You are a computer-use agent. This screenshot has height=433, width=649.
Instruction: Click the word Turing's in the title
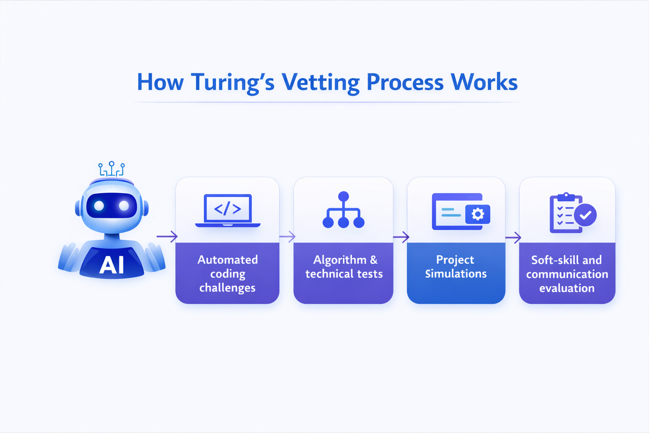233,82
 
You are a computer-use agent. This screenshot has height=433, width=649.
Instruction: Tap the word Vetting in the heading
320,82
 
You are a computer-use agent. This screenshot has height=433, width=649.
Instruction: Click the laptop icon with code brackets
228,210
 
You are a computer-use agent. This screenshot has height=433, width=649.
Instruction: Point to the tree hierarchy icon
344,210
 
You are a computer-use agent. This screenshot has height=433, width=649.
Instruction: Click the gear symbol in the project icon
478,214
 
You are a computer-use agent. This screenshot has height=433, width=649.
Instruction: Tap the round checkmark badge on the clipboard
585,215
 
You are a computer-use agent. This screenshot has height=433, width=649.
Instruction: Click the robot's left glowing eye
99,206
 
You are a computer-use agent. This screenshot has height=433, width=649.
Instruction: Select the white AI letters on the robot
112,265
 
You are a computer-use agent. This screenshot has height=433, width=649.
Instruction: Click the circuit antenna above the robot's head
112,169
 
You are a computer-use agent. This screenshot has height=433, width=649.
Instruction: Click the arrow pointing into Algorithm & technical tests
287,236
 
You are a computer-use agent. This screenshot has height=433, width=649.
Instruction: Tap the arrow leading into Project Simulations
401,237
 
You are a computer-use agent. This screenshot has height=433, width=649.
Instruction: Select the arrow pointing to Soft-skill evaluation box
513,237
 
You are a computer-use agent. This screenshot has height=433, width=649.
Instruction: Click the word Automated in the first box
227,260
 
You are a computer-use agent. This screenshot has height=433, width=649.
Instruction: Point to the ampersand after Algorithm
374,260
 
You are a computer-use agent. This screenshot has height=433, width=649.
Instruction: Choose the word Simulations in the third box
456,274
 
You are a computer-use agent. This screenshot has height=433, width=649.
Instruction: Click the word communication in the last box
567,274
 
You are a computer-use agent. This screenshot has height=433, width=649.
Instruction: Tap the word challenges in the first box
227,288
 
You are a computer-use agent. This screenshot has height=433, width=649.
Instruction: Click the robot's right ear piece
146,208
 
